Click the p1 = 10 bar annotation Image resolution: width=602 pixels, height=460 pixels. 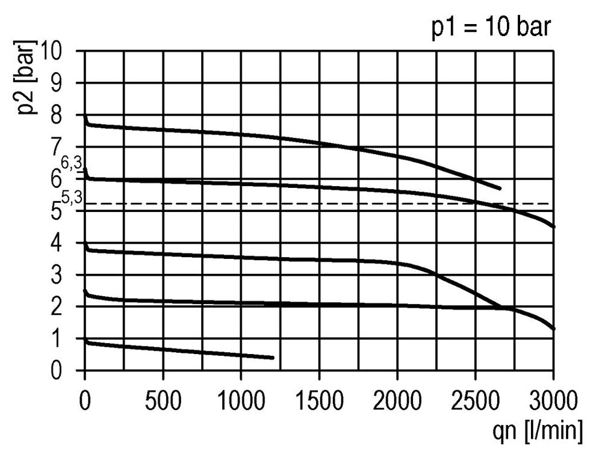pyautogui.click(x=491, y=28)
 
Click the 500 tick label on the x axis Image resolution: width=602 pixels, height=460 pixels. pyautogui.click(x=164, y=400)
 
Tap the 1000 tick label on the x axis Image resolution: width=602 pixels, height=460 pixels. pyautogui.click(x=241, y=400)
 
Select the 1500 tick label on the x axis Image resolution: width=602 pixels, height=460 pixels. pyautogui.click(x=319, y=400)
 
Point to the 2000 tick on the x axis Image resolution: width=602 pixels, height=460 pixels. pyautogui.click(x=397, y=400)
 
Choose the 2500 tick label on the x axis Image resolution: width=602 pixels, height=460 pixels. pyautogui.click(x=476, y=400)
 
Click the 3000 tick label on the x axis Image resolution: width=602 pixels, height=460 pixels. pyautogui.click(x=553, y=400)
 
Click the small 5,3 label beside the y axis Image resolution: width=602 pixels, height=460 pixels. pyautogui.click(x=72, y=196)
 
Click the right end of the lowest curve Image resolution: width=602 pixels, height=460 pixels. pyautogui.click(x=273, y=358)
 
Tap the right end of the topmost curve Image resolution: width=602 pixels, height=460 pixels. pyautogui.click(x=500, y=188)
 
